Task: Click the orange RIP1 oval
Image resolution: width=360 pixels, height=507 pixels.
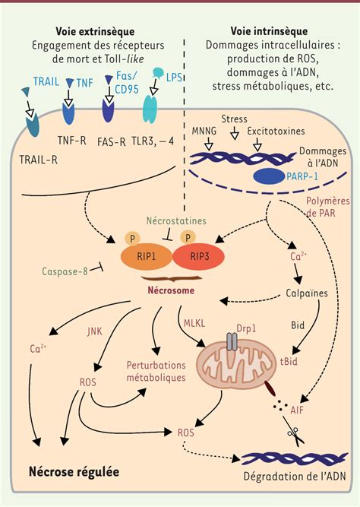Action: (146, 257)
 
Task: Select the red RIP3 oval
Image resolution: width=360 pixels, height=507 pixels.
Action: (199, 257)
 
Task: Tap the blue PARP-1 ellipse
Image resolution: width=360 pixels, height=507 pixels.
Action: (269, 177)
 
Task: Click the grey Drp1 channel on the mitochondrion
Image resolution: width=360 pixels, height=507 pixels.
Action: (232, 342)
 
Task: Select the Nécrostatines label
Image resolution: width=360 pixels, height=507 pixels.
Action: (176, 221)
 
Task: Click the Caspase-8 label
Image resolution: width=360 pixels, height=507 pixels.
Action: (65, 271)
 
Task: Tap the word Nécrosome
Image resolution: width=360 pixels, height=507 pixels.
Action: (171, 290)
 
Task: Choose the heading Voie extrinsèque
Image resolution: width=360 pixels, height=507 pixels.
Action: (95, 31)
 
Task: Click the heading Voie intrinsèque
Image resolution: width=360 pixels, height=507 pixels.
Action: (269, 31)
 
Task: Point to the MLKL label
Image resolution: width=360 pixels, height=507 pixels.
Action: (194, 323)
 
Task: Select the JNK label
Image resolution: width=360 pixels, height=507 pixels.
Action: (94, 331)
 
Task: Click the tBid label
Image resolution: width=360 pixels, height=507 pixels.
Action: (289, 361)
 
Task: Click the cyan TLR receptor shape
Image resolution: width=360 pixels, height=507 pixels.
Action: (150, 109)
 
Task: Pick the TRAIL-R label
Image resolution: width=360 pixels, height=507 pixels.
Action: (38, 160)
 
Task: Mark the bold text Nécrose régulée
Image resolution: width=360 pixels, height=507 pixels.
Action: (74, 472)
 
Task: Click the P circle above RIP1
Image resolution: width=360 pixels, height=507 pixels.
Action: (132, 239)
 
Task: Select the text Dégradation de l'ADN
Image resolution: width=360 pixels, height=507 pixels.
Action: (295, 477)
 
